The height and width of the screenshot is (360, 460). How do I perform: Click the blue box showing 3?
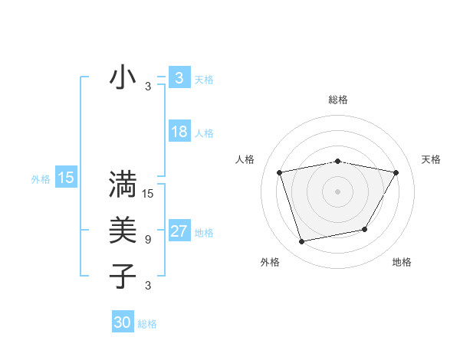[x=179, y=78]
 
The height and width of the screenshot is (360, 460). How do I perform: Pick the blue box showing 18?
[x=179, y=132]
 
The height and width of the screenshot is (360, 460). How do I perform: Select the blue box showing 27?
[x=179, y=231]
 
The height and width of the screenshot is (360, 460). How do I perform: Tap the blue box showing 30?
[x=123, y=322]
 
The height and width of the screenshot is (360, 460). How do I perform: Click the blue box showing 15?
[x=66, y=178]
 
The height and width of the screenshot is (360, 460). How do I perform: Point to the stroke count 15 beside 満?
[x=148, y=194]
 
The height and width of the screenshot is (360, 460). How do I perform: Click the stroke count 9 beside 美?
[x=148, y=240]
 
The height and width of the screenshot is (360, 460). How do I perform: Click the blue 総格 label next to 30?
[x=147, y=324]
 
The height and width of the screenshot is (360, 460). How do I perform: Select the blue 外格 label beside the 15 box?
[x=41, y=179]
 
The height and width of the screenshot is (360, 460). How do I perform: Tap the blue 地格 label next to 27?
[x=205, y=233]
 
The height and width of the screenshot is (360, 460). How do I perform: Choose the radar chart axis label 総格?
[x=337, y=100]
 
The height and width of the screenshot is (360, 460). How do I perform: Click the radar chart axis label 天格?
[x=431, y=159]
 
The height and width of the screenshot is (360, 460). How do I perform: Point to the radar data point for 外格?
[x=302, y=241]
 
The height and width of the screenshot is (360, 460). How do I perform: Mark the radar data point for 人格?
[x=280, y=172]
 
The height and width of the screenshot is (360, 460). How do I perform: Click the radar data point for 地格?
[x=365, y=229]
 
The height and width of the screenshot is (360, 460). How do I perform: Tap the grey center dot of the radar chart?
[x=337, y=191]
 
